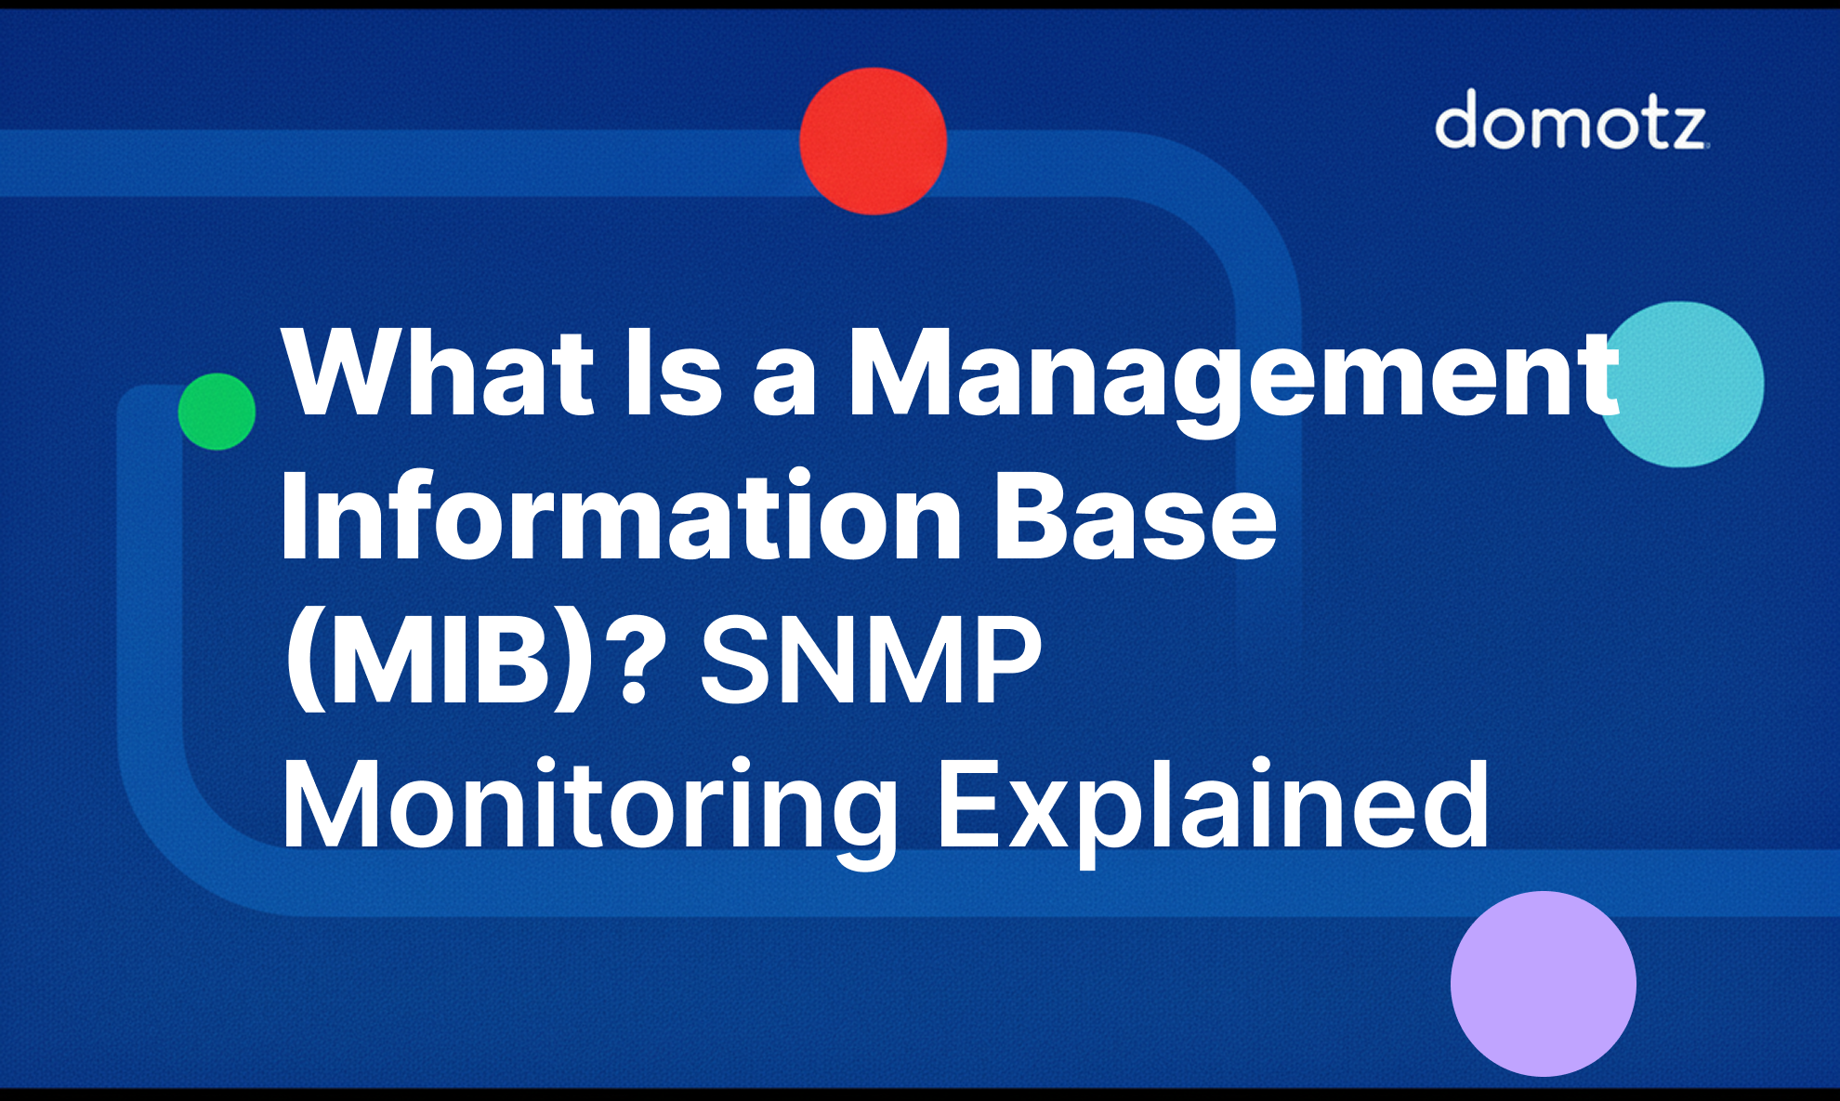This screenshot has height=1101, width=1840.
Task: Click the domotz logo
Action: click(x=1571, y=120)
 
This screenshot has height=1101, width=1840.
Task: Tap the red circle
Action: click(x=873, y=141)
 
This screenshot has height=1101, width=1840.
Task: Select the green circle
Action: click(x=217, y=412)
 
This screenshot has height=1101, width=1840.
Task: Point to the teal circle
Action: click(x=1682, y=384)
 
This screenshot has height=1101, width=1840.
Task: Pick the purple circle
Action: click(x=1543, y=983)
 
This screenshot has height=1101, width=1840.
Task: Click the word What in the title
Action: click(x=438, y=372)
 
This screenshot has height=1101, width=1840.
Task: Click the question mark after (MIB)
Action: click(x=638, y=662)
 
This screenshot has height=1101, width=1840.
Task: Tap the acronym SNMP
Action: click(x=870, y=662)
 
